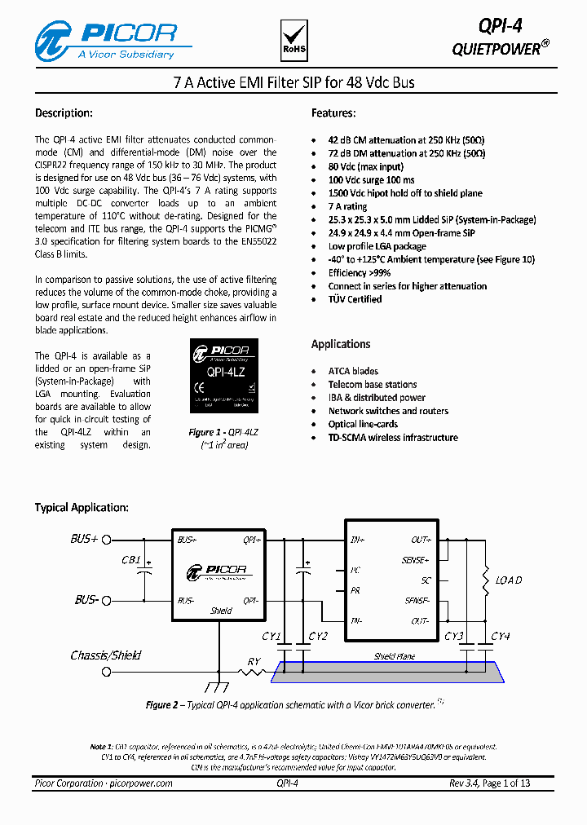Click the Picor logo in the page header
click(106, 40)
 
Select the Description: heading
click(64, 113)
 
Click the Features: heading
click(333, 113)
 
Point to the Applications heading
click(341, 344)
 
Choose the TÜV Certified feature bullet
click(355, 299)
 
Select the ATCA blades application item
click(353, 371)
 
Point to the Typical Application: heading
click(82, 507)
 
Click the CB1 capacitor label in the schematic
click(130, 561)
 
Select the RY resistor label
click(254, 662)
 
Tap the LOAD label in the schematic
click(509, 580)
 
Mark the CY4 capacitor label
click(501, 636)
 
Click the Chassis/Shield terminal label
click(105, 655)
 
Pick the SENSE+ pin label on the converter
click(415, 560)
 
